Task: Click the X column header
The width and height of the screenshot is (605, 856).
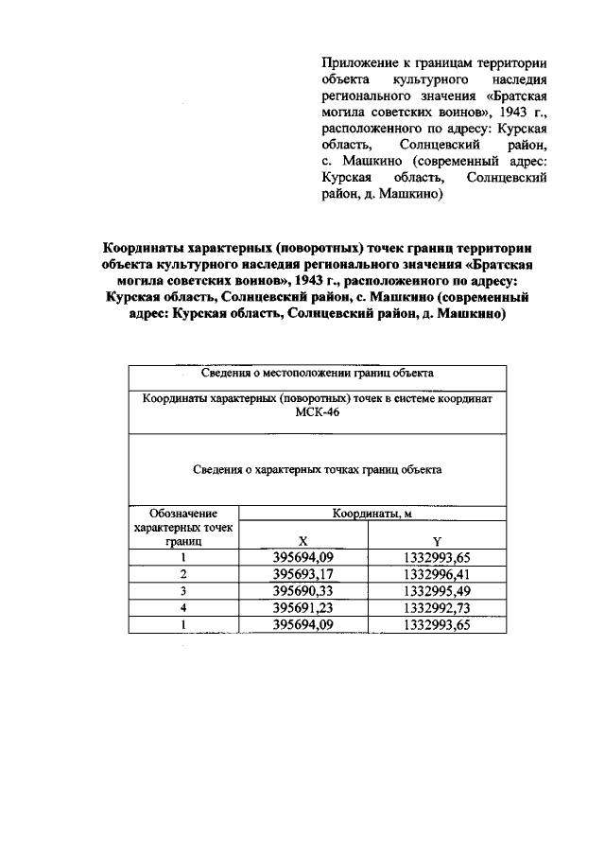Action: tap(303, 543)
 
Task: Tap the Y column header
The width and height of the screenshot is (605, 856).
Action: tap(434, 543)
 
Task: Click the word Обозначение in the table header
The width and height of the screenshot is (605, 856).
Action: tap(183, 514)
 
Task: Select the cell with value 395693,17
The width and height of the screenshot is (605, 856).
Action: tap(303, 574)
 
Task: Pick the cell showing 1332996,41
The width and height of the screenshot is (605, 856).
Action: tap(435, 574)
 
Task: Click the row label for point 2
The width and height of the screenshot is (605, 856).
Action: tap(183, 574)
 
